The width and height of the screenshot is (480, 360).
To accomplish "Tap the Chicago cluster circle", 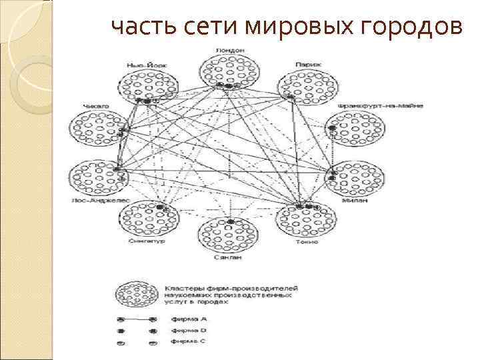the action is coord(99,129).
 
